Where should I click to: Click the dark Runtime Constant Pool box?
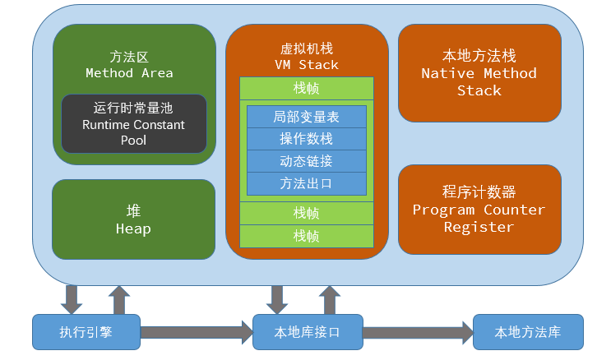pyautogui.click(x=134, y=124)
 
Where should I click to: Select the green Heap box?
pyautogui.click(x=133, y=219)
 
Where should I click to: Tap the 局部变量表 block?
pyautogui.click(x=306, y=117)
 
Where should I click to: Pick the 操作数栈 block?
pyautogui.click(x=306, y=139)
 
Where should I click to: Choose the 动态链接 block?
pyautogui.click(x=306, y=161)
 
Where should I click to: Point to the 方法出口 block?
pyautogui.click(x=306, y=183)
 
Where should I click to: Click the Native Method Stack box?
pyautogui.click(x=479, y=72)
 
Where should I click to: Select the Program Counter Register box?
pyautogui.click(x=479, y=209)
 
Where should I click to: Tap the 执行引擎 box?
pyautogui.click(x=86, y=332)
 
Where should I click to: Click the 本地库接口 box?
pyautogui.click(x=307, y=332)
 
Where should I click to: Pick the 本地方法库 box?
pyautogui.click(x=527, y=332)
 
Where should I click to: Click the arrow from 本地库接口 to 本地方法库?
pyautogui.click(x=418, y=333)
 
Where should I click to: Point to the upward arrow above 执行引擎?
pyautogui.click(x=119, y=299)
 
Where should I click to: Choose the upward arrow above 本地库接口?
pyautogui.click(x=329, y=299)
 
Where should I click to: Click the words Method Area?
pyautogui.click(x=129, y=73)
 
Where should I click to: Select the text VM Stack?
pyautogui.click(x=306, y=64)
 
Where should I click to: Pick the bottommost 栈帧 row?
pyautogui.click(x=306, y=236)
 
